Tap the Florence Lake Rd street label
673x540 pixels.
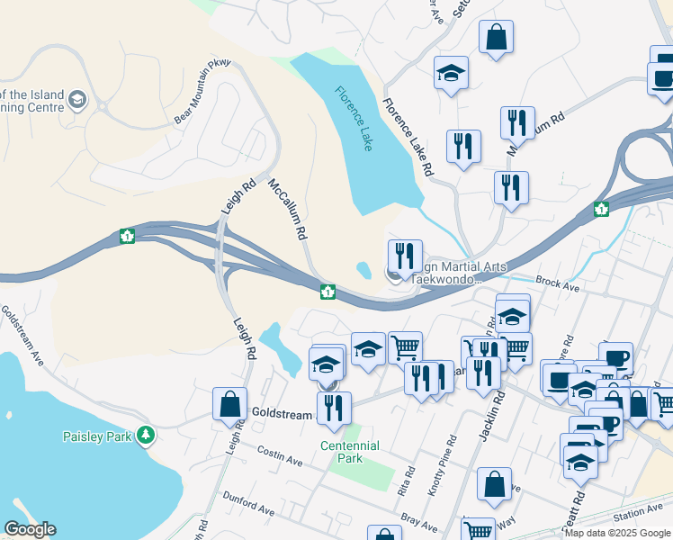coord(408,136)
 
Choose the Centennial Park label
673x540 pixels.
coord(350,452)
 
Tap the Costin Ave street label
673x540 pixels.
coord(279,454)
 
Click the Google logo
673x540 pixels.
coord(30,529)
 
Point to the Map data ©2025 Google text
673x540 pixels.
coord(617,533)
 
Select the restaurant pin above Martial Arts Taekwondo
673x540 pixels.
coord(405,256)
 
